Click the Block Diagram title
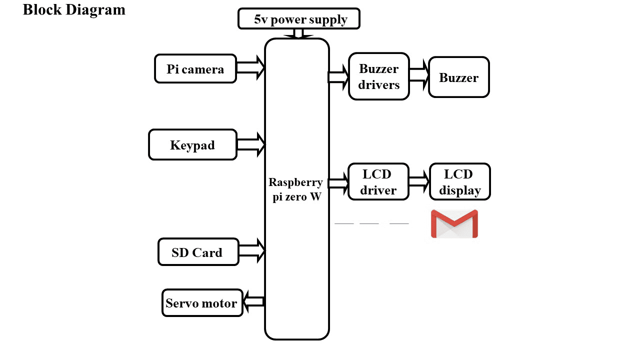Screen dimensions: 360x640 point(74,9)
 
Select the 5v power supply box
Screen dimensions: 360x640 point(299,19)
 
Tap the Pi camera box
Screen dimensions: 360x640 point(195,68)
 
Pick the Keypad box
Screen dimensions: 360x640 point(192,145)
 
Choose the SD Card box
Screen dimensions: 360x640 point(197,252)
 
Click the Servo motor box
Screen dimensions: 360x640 point(202,302)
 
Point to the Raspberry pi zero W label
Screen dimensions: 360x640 point(296,189)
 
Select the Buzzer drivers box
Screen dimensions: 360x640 point(378,76)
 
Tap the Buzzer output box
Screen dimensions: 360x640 point(458,77)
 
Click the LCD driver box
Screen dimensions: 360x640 point(378,182)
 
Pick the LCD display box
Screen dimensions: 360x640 point(459,182)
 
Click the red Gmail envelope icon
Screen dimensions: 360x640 point(454,223)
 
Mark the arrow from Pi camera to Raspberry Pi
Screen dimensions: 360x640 point(250,68)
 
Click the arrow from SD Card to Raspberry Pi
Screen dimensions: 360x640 point(252,250)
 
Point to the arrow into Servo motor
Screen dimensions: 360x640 point(253,301)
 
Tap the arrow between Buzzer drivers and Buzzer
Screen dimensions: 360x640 point(419,74)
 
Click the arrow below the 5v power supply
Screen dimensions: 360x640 point(298,33)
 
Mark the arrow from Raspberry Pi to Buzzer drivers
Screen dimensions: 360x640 point(338,77)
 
